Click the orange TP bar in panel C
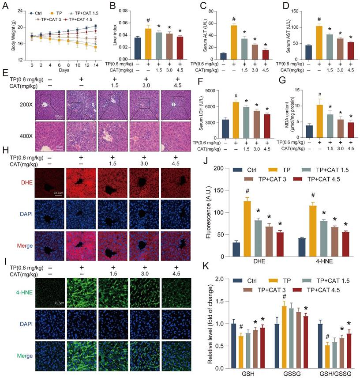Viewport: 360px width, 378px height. [x=233, y=42]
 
